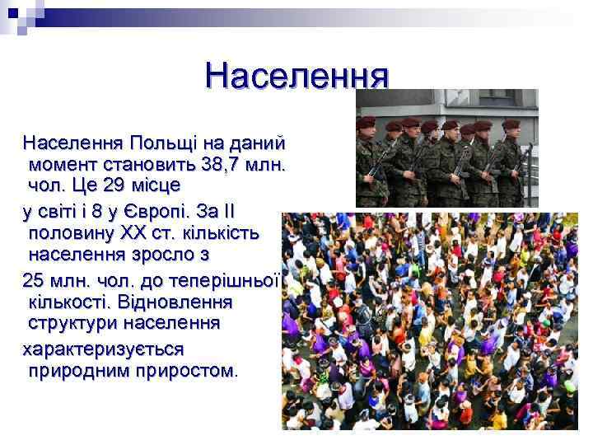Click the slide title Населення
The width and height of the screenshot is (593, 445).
point(296,76)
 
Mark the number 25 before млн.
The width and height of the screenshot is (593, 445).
point(36,278)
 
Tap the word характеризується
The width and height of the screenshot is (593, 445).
point(103,349)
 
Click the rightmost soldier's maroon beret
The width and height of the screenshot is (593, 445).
point(511,124)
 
